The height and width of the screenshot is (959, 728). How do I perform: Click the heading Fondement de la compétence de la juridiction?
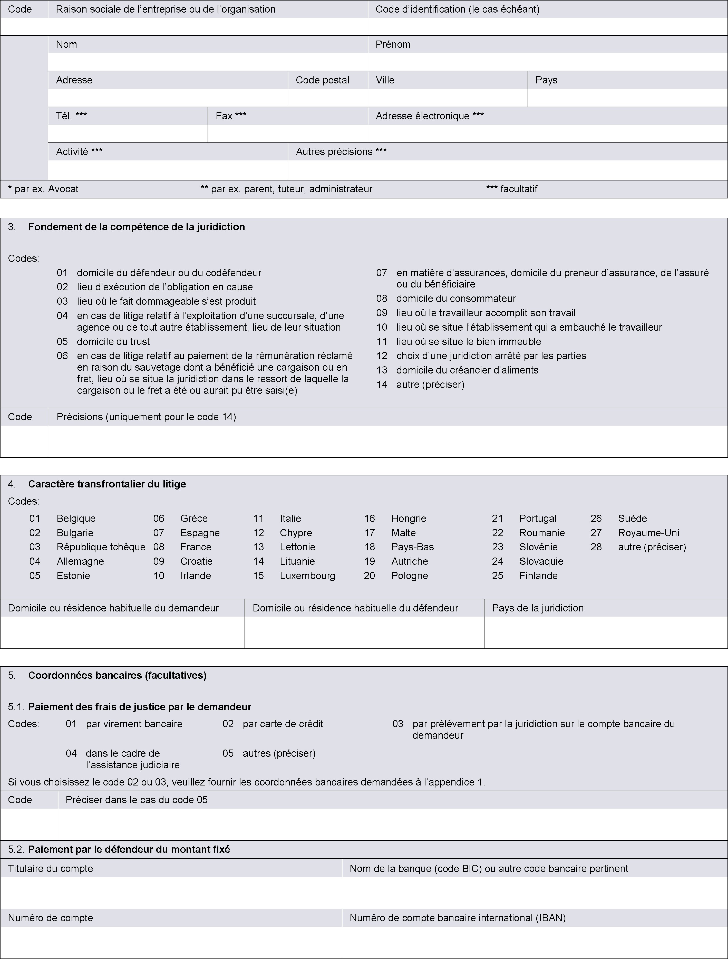click(137, 227)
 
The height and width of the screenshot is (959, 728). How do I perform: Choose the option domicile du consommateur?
click(456, 298)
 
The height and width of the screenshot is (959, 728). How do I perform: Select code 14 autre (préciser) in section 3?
click(430, 384)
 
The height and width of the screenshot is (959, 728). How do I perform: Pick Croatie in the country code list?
click(196, 561)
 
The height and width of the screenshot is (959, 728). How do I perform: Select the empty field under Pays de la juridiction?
click(605, 632)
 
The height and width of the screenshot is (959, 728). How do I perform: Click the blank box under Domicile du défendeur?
click(364, 632)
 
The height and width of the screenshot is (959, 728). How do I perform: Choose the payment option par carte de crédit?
click(283, 724)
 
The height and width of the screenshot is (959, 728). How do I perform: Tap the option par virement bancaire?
click(134, 724)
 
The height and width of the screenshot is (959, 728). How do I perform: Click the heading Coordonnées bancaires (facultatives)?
click(117, 675)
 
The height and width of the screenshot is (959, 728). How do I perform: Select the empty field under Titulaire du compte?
click(171, 893)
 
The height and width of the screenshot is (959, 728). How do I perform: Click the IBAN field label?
click(457, 918)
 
